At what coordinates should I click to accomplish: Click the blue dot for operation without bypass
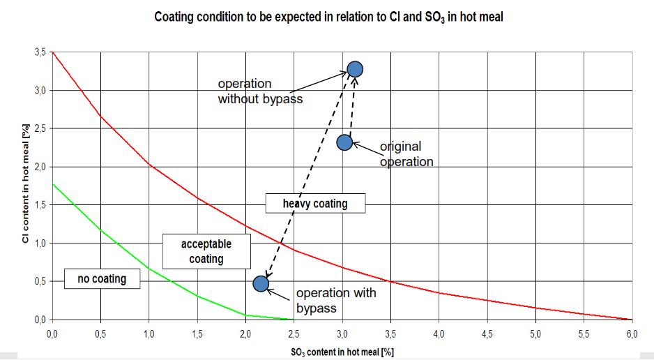pos(355,69)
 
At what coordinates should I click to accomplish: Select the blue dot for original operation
pos(344,142)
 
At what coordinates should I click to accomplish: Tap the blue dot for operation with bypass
pos(261,284)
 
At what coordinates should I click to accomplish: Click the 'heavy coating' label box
pos(315,204)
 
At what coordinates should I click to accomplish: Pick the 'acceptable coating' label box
pos(206,251)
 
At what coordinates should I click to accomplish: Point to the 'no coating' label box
pos(102,278)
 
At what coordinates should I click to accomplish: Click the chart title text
pos(328,17)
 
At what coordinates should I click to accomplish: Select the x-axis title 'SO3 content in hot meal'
pos(342,352)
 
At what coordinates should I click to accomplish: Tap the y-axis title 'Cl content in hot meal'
pos(25,183)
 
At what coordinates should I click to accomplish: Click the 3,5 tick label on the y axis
pos(40,52)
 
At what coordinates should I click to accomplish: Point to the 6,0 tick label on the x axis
pos(632,334)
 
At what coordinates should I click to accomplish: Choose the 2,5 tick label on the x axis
pos(294,334)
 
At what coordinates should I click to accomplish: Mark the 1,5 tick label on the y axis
pos(40,205)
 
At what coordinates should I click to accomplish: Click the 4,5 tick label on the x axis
pos(487,334)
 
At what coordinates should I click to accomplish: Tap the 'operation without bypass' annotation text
pos(260,91)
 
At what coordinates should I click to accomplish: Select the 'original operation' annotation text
pos(406,154)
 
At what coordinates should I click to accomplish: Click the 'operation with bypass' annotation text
pos(336,300)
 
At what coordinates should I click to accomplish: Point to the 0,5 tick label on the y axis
pos(40,281)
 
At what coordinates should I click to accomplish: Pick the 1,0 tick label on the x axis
pos(149,334)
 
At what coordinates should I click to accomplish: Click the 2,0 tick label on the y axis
pos(40,167)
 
